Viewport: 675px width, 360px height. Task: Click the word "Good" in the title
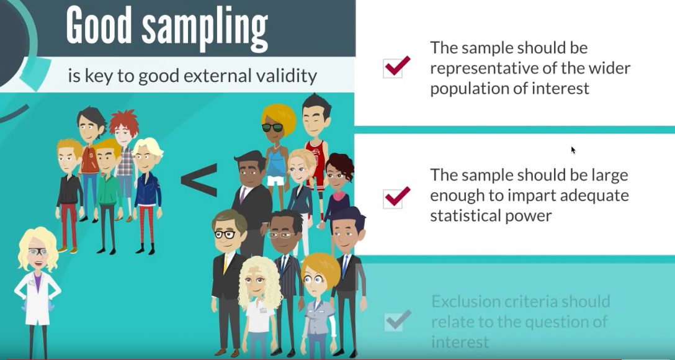[99, 28]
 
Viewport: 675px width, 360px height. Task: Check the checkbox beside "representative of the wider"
[396, 66]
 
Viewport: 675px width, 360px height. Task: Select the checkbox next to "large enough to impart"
[396, 197]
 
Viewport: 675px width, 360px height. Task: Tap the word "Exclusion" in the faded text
[468, 302]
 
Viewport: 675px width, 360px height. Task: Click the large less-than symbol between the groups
[199, 177]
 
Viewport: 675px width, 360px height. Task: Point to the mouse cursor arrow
[573, 150]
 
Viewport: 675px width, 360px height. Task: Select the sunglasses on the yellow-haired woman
[272, 127]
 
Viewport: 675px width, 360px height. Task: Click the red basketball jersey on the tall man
[316, 158]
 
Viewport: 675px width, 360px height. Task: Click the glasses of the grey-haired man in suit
[225, 234]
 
